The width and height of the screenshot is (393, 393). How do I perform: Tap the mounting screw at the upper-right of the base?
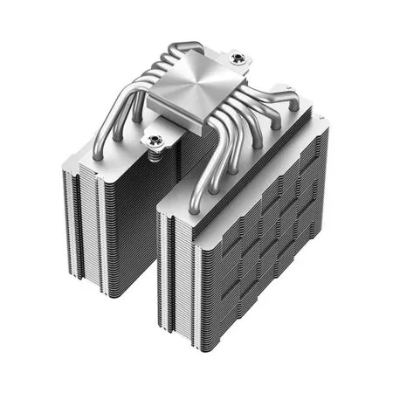(238, 60)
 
